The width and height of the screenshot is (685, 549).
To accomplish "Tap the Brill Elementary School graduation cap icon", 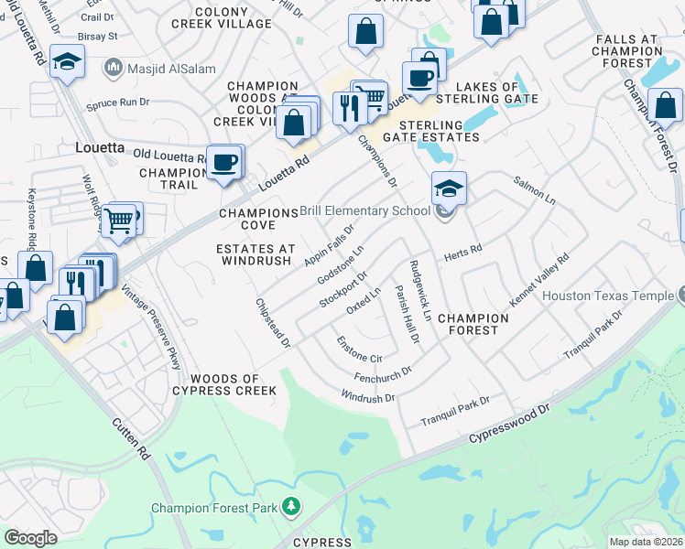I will [x=449, y=188].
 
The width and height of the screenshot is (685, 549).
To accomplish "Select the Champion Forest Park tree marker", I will [x=291, y=505].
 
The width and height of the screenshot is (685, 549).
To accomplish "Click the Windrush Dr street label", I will [x=367, y=397].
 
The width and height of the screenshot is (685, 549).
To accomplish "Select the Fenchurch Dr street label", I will [x=382, y=375].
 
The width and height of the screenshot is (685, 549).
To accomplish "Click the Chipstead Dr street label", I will [x=273, y=322].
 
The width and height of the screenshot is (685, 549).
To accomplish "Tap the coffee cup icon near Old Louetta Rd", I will [x=224, y=163].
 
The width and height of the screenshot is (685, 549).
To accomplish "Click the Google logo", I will [x=30, y=538].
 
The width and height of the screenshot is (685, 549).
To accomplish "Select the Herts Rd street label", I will [x=462, y=256].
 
